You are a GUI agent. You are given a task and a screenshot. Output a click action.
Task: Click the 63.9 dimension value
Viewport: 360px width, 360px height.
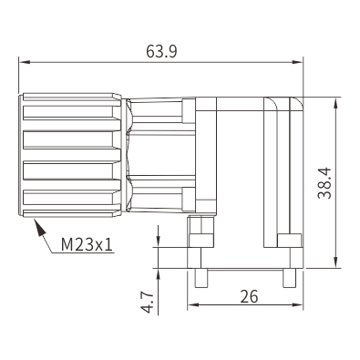click(x=161, y=51)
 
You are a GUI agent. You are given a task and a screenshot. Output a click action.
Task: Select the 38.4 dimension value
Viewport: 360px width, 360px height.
click(x=324, y=183)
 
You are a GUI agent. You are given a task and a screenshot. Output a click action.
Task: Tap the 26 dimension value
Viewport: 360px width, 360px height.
click(x=249, y=296)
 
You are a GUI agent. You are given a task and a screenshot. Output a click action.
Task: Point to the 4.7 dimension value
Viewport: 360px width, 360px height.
click(x=148, y=303)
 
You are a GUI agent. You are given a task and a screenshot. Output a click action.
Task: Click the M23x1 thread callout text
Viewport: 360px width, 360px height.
click(x=87, y=244)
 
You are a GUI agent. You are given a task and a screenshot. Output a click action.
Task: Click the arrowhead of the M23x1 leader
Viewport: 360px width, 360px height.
click(x=39, y=227)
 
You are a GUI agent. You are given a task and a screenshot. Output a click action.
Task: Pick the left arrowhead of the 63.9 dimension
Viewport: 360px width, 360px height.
click(x=25, y=62)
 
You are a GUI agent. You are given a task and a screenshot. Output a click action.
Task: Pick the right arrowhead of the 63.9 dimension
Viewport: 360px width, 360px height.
click(x=297, y=62)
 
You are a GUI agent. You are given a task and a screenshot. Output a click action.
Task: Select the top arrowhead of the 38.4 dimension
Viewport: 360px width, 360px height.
click(x=335, y=103)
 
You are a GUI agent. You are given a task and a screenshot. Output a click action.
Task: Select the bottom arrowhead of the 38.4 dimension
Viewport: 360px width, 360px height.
click(x=335, y=262)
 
